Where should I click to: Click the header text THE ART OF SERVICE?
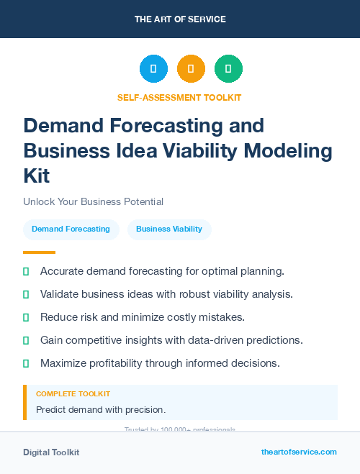[180, 19]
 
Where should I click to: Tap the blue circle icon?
[153, 69]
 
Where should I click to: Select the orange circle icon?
[191, 69]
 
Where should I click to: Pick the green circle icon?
[228, 69]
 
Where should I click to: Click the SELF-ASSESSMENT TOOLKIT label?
[179, 97]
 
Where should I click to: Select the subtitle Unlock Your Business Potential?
[93, 202]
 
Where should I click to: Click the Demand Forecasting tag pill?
[71, 229]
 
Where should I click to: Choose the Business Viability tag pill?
[169, 229]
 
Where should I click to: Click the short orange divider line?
[39, 252]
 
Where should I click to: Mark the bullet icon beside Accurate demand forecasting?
[26, 272]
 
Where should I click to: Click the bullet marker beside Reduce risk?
[26, 317]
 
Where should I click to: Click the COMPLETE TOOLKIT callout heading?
[73, 394]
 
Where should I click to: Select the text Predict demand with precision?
[101, 410]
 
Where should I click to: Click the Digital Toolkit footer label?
[51, 452]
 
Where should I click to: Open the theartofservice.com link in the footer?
[299, 452]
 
